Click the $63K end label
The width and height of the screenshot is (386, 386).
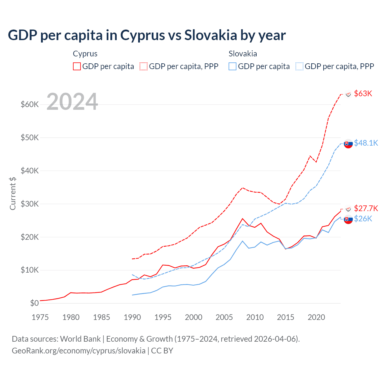(x=363, y=93)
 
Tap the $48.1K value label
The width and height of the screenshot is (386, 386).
(x=366, y=143)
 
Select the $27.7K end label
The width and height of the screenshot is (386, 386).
(x=366, y=208)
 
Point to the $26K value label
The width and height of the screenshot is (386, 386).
(x=363, y=219)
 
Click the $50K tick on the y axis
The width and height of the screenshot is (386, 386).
(x=30, y=138)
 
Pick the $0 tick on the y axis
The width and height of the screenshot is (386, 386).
(x=34, y=303)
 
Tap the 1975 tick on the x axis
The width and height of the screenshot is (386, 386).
(x=40, y=317)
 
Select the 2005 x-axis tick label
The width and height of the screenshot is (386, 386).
(x=224, y=317)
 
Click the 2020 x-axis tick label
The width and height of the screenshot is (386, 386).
(x=316, y=317)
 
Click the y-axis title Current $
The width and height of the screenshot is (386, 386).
(x=13, y=193)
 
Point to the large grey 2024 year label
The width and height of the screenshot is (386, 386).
(x=72, y=102)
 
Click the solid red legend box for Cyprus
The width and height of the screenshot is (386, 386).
(x=77, y=66)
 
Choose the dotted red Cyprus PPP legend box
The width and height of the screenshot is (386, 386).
(x=144, y=66)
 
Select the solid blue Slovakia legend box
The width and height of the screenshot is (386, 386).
(x=233, y=66)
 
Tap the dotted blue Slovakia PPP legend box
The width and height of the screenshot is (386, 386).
(x=299, y=66)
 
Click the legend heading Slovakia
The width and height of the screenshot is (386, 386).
(x=243, y=54)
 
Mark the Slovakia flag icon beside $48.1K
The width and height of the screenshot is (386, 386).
(x=348, y=144)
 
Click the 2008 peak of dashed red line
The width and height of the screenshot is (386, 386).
(x=242, y=188)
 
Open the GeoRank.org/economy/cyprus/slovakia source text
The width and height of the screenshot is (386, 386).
(x=78, y=351)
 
